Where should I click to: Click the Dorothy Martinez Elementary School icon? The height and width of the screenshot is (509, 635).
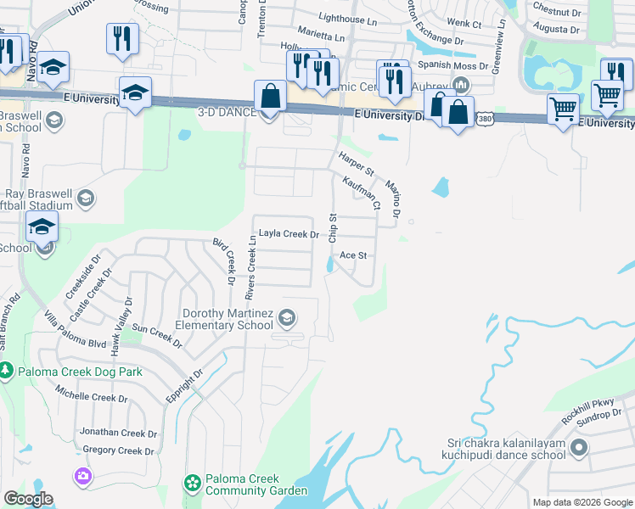click(287, 317)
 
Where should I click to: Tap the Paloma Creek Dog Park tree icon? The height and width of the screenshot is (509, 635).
click(6, 372)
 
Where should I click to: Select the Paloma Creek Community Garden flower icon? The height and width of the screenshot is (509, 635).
click(193, 484)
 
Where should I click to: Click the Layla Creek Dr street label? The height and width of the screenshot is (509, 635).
click(289, 234)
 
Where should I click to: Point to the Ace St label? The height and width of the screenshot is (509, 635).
click(352, 255)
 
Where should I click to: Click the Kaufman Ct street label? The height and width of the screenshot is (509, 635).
click(360, 192)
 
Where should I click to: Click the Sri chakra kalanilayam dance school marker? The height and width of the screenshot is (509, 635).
click(580, 447)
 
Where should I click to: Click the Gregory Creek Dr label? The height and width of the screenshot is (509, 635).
click(118, 450)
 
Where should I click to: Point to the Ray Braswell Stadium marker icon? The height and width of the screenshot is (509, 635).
click(85, 199)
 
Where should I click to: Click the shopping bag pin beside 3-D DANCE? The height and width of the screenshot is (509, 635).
click(270, 98)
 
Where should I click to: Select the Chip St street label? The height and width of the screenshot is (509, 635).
click(334, 228)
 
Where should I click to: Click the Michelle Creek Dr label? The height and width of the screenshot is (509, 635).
click(92, 397)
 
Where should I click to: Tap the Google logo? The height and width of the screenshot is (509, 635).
click(28, 499)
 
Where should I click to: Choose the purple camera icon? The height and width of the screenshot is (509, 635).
click(82, 476)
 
